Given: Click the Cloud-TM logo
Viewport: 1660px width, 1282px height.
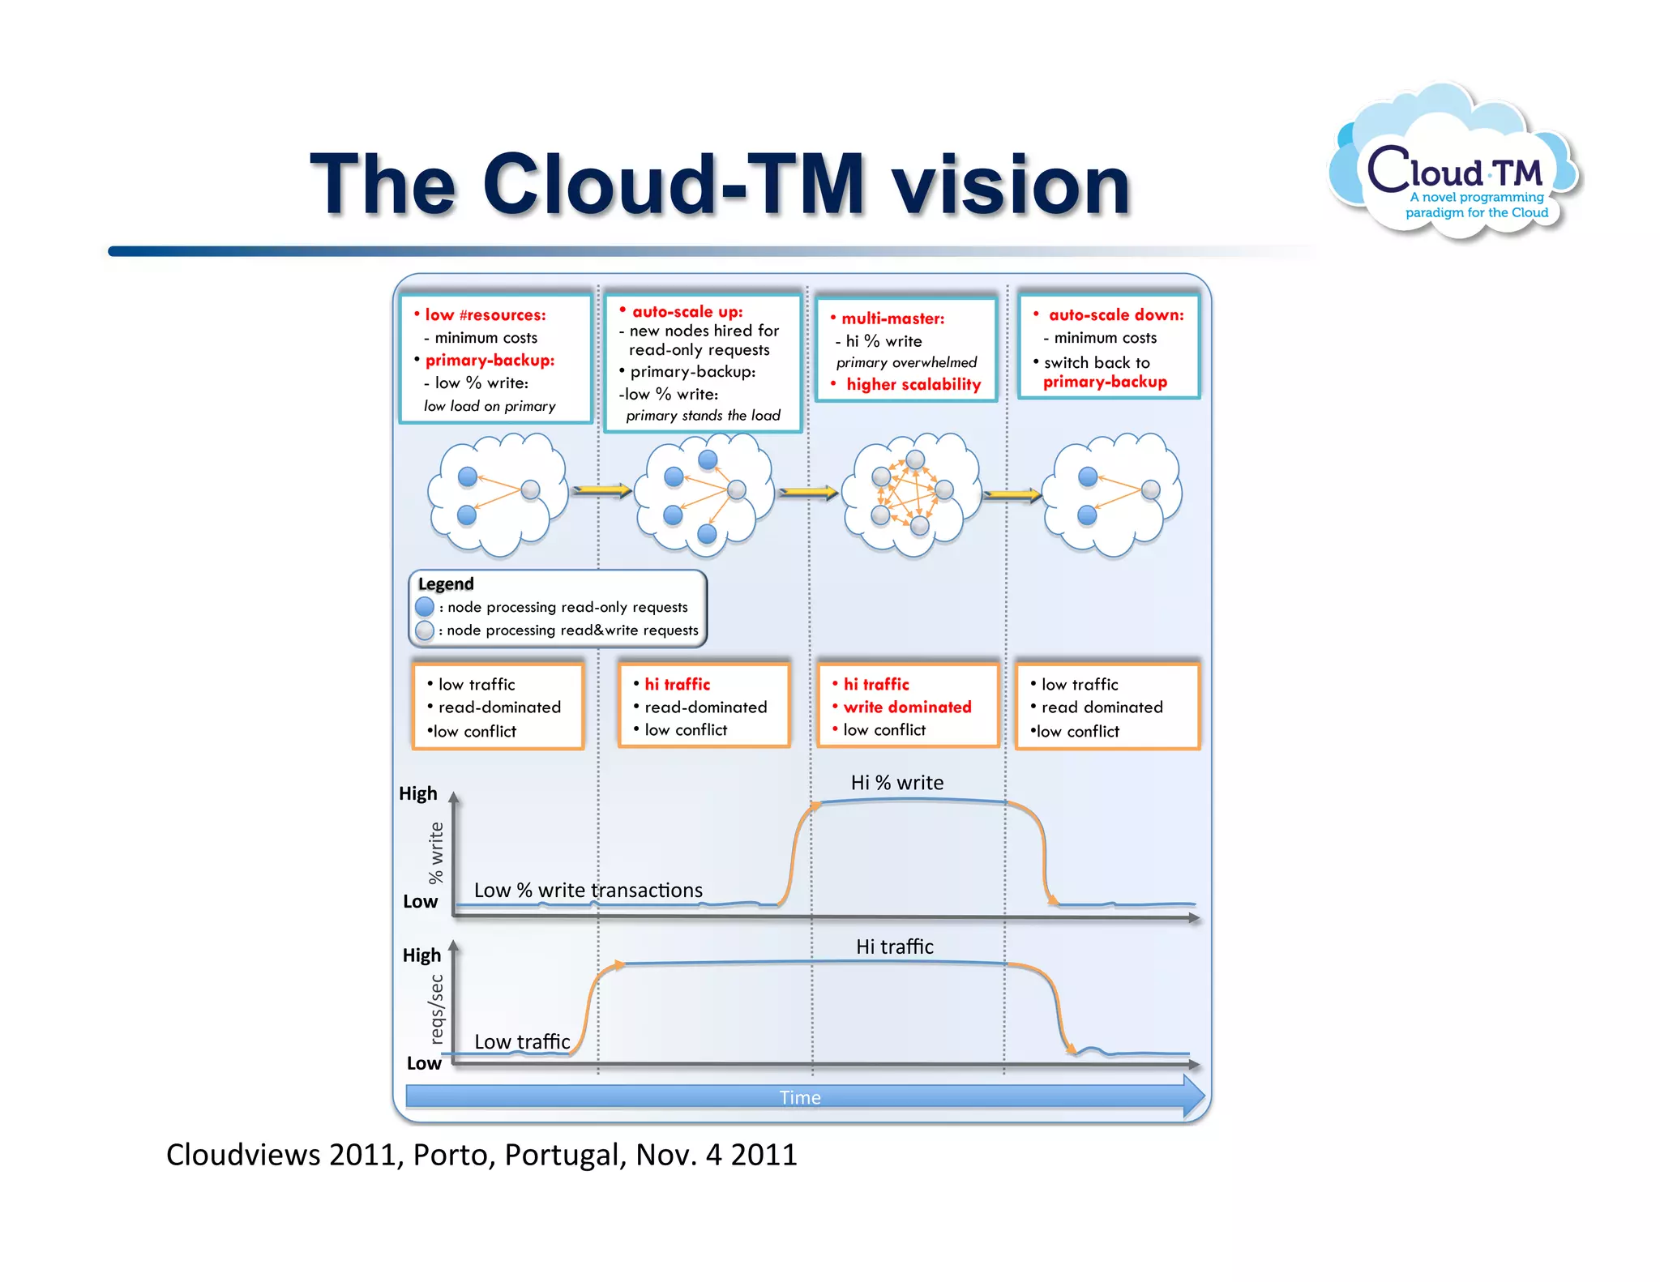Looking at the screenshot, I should pos(1455,166).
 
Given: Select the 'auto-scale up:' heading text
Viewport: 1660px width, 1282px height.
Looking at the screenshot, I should pos(687,312).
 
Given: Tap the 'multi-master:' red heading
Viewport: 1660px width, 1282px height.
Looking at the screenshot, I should pos(892,318).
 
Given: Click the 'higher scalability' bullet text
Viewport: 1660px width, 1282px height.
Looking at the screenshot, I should pos(913,384).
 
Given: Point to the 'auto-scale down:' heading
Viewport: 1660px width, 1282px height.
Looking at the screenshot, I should pos(1115,314).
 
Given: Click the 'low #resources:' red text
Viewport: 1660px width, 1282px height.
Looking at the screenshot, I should pos(485,314).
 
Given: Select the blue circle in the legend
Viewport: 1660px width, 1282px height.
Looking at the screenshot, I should pos(425,607).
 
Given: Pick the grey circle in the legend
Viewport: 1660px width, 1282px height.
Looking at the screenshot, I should pos(425,630).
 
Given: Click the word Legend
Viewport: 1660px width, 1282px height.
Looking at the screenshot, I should pos(446,583).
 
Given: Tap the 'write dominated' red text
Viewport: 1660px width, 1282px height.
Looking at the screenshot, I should pos(907,707).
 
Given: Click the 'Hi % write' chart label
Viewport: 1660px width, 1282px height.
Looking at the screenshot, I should pos(896,783).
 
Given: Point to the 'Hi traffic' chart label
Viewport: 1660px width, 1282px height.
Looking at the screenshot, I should pos(894,947).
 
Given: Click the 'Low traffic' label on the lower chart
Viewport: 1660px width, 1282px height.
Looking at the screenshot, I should pos(522,1042).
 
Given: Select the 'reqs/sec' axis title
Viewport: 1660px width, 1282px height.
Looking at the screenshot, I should pos(437,1009).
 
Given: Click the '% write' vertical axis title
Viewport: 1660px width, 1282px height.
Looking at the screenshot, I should pos(436,853).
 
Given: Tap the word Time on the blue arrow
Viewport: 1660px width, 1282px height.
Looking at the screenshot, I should pos(800,1097).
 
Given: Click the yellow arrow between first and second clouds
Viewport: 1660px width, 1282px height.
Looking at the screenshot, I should pos(601,490).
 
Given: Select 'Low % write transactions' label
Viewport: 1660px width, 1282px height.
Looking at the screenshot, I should pos(588,891).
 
